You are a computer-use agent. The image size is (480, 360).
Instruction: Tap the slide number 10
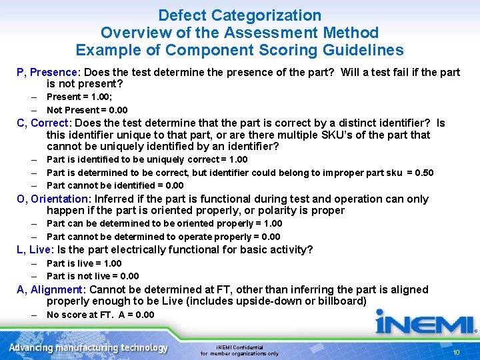457,352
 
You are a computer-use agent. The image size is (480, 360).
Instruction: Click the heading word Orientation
59,199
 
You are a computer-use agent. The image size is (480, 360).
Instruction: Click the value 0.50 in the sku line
423,173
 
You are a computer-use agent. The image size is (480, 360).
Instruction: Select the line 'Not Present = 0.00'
87,110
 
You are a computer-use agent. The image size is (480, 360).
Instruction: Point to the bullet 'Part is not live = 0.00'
93,276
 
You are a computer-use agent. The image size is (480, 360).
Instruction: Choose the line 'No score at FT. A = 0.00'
100,315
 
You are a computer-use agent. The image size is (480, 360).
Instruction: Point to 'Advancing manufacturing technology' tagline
88,348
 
